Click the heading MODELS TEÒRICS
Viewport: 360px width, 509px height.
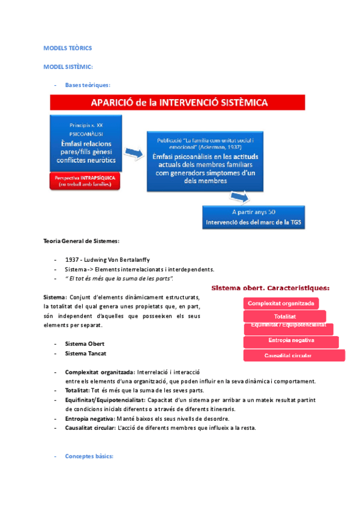click(68, 47)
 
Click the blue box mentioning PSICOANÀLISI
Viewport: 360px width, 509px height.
click(87, 143)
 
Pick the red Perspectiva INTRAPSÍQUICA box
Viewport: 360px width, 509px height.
click(85, 182)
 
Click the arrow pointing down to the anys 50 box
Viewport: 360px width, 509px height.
click(240, 197)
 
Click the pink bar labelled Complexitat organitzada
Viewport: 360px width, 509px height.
click(281, 303)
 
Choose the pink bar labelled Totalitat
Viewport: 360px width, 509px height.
click(285, 316)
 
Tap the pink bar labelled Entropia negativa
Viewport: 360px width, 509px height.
click(291, 342)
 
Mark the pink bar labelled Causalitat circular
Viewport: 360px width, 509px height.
click(294, 355)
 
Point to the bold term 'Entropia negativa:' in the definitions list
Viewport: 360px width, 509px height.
click(89, 418)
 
